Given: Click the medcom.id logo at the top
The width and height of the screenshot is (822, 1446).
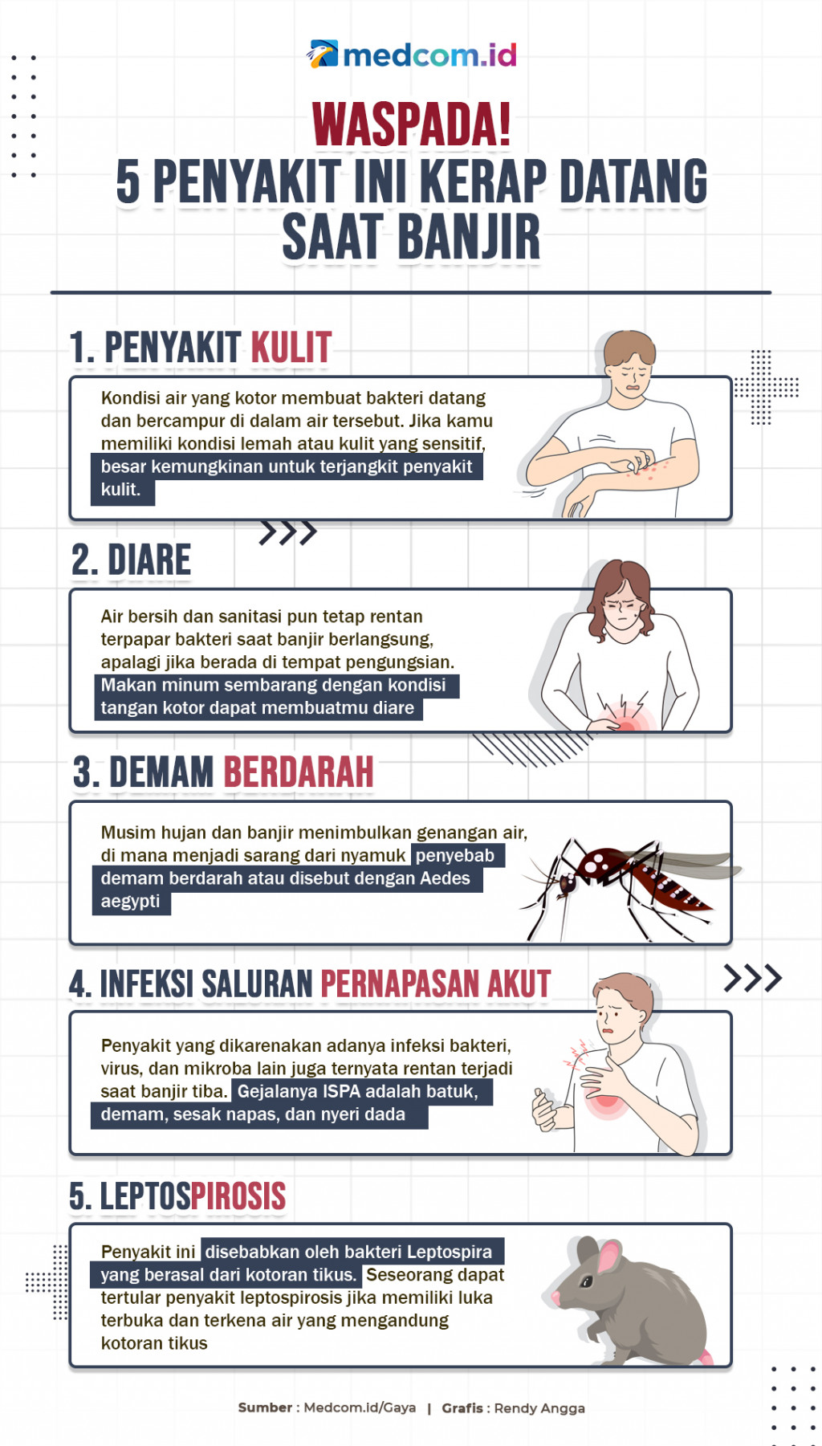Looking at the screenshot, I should (x=411, y=55).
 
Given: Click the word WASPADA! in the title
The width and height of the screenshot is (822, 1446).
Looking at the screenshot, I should (x=411, y=125).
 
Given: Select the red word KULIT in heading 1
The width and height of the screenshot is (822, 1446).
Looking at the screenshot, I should (x=291, y=348).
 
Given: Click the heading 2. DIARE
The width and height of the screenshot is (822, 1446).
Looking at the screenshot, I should (x=132, y=560).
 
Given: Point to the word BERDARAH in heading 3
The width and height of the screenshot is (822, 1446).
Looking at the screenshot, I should (x=298, y=772).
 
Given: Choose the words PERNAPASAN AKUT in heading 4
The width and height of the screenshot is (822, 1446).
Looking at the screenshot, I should (x=435, y=984).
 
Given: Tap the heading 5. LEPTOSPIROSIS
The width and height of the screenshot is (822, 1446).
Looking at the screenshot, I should (x=177, y=1196).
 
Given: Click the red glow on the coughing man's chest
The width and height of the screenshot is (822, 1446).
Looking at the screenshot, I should (x=606, y=1100).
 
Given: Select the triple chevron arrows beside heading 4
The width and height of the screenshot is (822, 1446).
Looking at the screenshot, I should (x=752, y=978).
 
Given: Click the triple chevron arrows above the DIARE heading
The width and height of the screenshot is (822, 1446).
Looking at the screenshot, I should (x=287, y=532).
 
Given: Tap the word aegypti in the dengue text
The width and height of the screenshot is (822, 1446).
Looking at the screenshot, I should (x=130, y=902).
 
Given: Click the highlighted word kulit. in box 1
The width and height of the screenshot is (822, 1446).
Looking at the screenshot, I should (x=121, y=490).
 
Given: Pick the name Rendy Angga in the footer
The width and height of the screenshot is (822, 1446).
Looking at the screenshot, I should (x=539, y=1408).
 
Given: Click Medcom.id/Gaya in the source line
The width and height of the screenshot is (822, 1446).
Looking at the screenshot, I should (x=360, y=1407).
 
